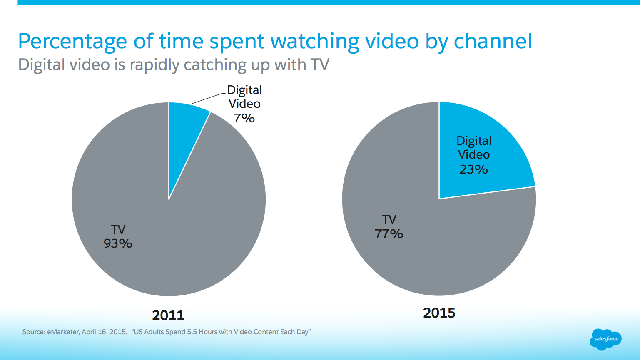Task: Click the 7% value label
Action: [x=244, y=118]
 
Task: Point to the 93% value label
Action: [x=118, y=243]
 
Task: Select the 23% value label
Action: [x=473, y=169]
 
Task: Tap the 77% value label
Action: [x=389, y=234]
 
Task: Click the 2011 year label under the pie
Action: [x=168, y=315]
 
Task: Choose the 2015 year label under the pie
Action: [x=439, y=313]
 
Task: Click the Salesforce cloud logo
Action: [x=605, y=339]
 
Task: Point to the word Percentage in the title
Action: [x=72, y=42]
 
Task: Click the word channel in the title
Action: [x=493, y=42]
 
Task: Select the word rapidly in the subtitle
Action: [x=154, y=65]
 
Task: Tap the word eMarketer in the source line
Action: [x=63, y=332]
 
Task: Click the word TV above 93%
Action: [x=118, y=230]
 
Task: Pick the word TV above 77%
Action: [x=389, y=220]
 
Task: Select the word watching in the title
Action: [x=315, y=42]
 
